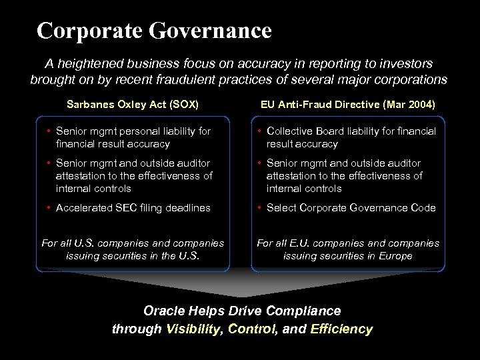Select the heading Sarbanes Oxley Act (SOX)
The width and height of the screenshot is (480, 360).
coord(133,105)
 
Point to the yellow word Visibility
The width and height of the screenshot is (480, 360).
coord(195,329)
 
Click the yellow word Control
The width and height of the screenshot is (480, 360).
coord(253,329)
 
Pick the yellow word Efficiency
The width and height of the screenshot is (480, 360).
coord(341,329)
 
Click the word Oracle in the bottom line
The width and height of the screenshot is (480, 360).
coord(164,311)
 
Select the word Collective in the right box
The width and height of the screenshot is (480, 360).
coord(290,131)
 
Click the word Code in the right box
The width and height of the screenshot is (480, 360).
coord(422,208)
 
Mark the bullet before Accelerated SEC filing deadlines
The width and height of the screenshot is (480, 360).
coord(49,208)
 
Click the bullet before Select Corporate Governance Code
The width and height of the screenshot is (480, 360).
coord(259,208)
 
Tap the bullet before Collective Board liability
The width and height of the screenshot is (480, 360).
coord(259,131)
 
